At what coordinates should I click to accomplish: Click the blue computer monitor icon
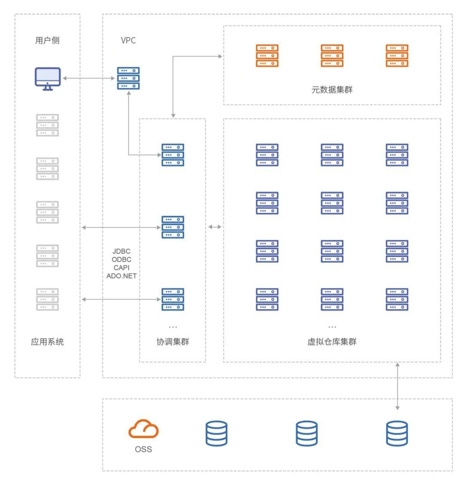(x=48, y=78)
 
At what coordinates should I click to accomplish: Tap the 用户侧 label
(x=47, y=41)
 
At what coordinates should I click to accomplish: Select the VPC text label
(x=128, y=41)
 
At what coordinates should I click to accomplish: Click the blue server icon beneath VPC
(x=129, y=78)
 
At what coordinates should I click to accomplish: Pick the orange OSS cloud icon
(x=143, y=429)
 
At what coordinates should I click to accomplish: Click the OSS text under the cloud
(x=143, y=449)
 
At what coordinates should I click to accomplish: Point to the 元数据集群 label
(x=332, y=90)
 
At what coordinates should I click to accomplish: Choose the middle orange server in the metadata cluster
(x=332, y=56)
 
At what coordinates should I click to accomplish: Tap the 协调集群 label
(x=173, y=342)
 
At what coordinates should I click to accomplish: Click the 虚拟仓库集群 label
(x=332, y=342)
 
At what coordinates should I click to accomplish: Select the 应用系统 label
(x=47, y=342)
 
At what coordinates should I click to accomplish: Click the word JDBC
(x=121, y=251)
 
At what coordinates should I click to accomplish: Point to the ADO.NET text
(x=121, y=276)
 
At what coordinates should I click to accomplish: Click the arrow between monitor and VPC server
(x=90, y=78)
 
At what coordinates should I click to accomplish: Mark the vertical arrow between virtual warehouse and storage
(x=397, y=386)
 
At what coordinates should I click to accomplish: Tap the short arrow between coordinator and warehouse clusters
(x=215, y=227)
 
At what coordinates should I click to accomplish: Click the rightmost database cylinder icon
(x=397, y=434)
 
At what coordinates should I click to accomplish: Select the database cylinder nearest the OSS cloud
(x=217, y=434)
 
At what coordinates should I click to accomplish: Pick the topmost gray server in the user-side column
(x=47, y=125)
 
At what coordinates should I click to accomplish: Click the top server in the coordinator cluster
(x=173, y=155)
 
